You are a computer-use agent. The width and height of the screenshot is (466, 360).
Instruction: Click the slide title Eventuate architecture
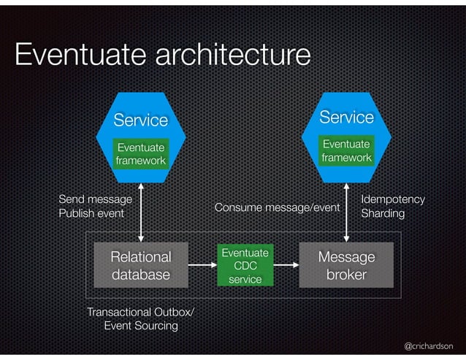pos(162,55)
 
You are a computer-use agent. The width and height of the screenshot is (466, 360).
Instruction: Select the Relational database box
pos(140,266)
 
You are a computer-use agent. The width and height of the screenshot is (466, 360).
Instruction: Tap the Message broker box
pos(346,266)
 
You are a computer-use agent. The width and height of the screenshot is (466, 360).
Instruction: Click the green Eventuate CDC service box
pos(245,266)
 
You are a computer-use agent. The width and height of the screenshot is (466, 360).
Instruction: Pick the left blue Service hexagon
pos(140,119)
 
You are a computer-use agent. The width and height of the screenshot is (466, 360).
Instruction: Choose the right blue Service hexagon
pos(346,117)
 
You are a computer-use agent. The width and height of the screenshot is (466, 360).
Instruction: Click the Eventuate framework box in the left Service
pos(140,154)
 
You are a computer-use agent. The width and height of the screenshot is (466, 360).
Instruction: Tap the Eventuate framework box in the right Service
pos(347,151)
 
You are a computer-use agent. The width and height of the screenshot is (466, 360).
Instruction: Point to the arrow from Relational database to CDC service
pos(202,266)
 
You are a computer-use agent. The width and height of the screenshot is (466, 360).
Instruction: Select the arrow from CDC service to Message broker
pos(286,266)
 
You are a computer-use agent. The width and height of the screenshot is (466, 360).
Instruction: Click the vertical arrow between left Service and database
pos(140,211)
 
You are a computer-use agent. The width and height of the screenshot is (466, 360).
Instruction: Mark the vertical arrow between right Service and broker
pos(347,211)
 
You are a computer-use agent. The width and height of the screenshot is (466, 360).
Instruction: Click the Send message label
pos(95,199)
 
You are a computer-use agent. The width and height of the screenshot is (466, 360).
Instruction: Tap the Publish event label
pos(91,214)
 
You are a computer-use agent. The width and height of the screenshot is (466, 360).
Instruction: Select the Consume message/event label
pos(277,208)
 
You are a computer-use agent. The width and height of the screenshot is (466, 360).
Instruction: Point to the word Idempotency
pos(393,199)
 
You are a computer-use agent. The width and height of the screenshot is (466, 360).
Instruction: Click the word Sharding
pos(383,214)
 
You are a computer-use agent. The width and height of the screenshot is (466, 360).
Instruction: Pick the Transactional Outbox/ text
pos(140,313)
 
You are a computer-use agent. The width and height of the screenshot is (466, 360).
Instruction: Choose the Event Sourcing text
pos(141,326)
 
